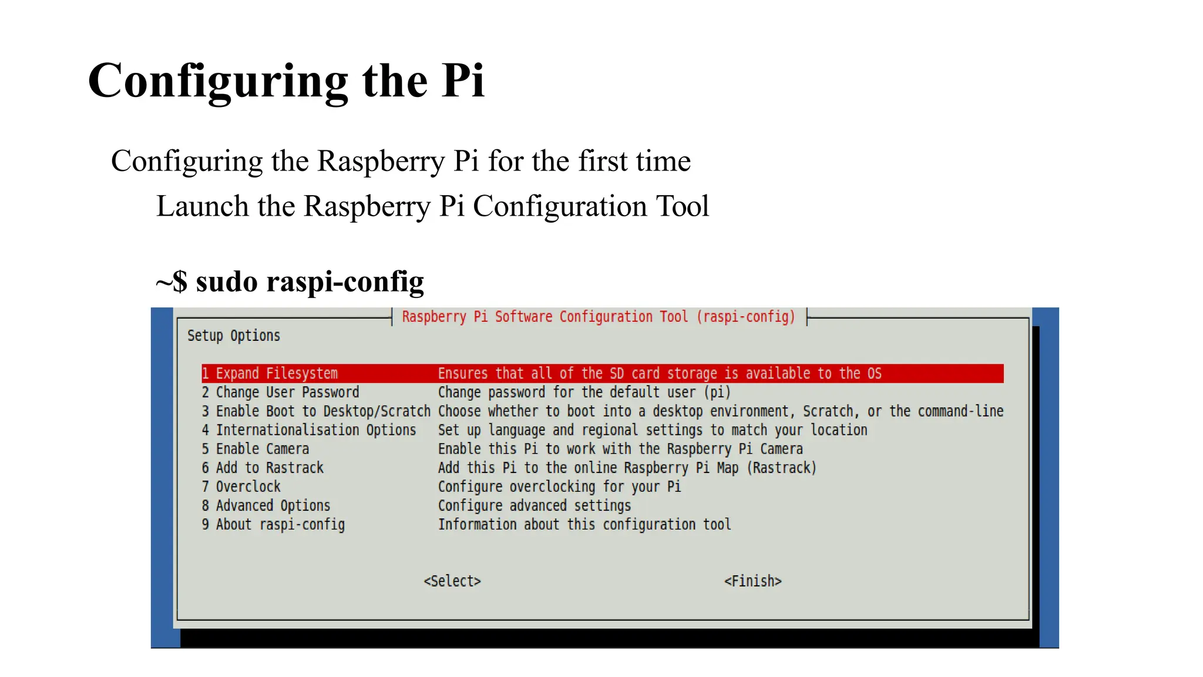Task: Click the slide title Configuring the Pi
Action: (x=286, y=81)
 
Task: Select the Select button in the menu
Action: (x=452, y=581)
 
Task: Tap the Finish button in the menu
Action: (x=752, y=581)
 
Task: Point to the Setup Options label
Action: (x=234, y=336)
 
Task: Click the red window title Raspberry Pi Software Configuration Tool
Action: (x=598, y=317)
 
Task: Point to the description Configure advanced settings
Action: (x=535, y=505)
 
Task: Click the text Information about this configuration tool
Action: (x=584, y=524)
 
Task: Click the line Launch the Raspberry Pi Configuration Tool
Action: (x=432, y=206)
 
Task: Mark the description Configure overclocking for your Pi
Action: (x=559, y=487)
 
